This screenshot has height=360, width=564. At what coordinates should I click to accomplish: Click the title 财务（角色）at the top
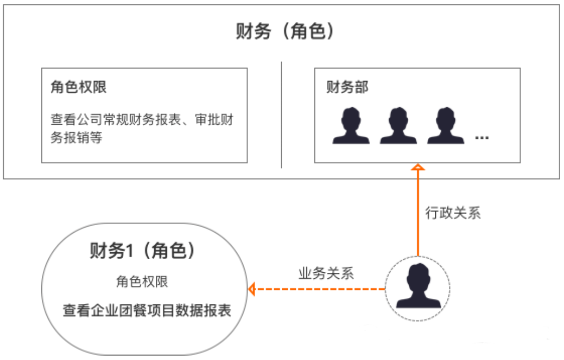pyautogui.click(x=284, y=31)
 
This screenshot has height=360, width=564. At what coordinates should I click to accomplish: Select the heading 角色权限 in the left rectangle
pyautogui.click(x=78, y=87)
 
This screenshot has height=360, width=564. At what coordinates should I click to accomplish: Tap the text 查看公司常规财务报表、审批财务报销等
pyautogui.click(x=142, y=128)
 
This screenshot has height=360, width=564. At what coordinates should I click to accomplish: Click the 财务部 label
pyautogui.click(x=347, y=87)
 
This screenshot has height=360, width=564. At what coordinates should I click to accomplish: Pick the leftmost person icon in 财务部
pyautogui.click(x=351, y=125)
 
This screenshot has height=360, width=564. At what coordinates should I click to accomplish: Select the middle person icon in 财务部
pyautogui.click(x=398, y=125)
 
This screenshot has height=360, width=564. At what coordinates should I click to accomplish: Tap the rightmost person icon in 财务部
pyautogui.click(x=446, y=125)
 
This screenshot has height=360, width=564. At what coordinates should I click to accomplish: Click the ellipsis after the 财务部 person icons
pyautogui.click(x=482, y=138)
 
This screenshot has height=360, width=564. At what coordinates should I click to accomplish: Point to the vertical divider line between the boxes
pyautogui.click(x=281, y=115)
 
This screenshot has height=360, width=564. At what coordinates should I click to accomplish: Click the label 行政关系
pyautogui.click(x=453, y=213)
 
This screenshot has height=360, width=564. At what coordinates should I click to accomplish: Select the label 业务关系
pyautogui.click(x=326, y=273)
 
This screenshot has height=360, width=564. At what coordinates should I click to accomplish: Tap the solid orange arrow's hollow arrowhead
pyautogui.click(x=418, y=167)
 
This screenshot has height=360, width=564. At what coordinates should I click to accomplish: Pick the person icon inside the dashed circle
pyautogui.click(x=418, y=286)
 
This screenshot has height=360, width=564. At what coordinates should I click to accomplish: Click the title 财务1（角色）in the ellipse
pyautogui.click(x=142, y=251)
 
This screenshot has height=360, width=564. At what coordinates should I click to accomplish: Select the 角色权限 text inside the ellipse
pyautogui.click(x=142, y=282)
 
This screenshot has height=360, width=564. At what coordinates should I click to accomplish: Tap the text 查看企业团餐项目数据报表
pyautogui.click(x=147, y=310)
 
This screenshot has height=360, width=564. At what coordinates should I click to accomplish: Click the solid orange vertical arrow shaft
pyautogui.click(x=418, y=213)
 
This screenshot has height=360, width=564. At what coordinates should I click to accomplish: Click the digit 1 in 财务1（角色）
pyautogui.click(x=129, y=251)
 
